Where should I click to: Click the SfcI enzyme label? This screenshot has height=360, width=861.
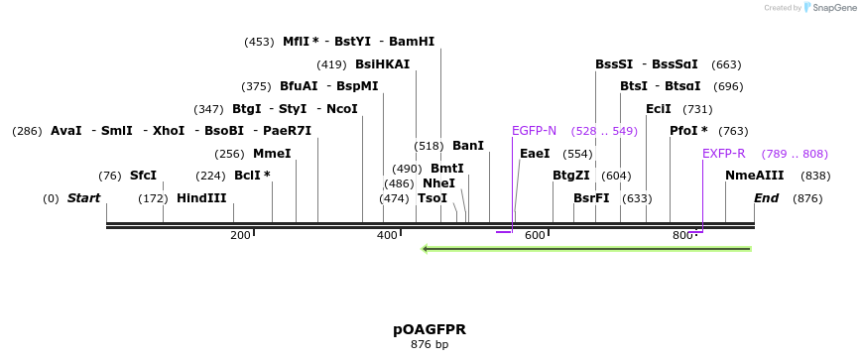(143, 176)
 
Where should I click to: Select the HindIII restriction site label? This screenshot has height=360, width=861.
(201, 198)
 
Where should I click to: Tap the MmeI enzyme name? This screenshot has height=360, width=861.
(272, 154)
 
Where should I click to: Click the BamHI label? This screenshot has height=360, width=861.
(412, 42)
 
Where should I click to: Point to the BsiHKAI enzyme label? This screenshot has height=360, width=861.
(382, 64)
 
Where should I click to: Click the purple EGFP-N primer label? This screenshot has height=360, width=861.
(534, 131)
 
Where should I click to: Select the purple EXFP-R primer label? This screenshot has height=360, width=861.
(723, 154)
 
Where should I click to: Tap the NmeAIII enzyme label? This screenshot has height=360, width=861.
(754, 176)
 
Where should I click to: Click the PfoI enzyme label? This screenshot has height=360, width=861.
(688, 131)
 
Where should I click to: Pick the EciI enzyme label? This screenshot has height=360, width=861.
(658, 109)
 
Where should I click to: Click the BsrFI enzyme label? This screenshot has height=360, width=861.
(591, 198)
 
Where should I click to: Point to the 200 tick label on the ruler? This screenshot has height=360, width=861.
(240, 235)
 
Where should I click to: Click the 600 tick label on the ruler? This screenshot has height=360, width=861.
(535, 235)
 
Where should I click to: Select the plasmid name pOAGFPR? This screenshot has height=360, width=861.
(430, 329)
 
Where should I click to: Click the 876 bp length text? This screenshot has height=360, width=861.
(430, 345)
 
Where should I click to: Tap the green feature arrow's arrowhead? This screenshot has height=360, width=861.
(426, 249)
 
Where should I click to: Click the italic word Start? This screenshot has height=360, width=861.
(83, 198)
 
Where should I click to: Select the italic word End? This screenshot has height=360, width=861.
(766, 198)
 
